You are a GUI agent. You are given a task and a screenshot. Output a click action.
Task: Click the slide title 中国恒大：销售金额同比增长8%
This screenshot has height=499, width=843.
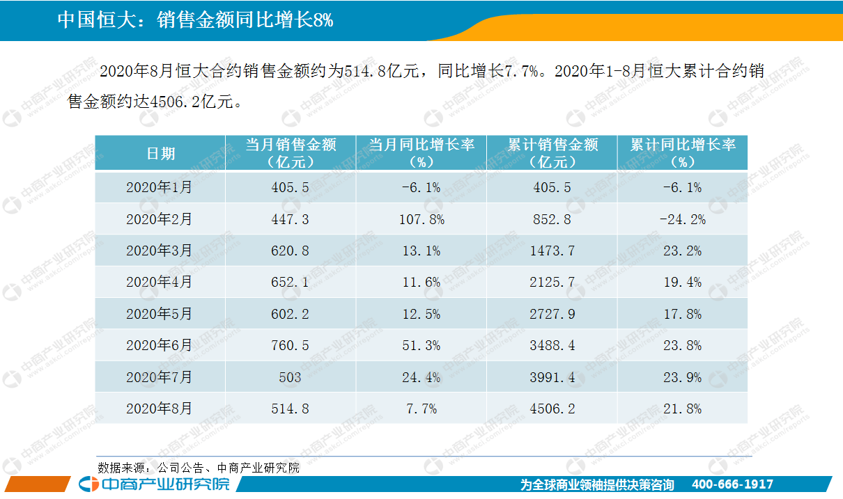click(195, 20)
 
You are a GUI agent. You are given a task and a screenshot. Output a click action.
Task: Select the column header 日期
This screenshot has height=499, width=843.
click(160, 154)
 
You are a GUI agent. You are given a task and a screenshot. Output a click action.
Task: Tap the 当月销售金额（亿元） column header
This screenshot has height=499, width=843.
click(291, 153)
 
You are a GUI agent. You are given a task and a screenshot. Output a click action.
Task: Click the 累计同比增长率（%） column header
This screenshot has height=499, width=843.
click(682, 153)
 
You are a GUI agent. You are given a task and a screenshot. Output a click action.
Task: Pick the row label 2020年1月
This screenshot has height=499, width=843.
click(160, 187)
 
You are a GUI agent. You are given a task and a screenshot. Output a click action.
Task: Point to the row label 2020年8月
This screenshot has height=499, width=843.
click(160, 409)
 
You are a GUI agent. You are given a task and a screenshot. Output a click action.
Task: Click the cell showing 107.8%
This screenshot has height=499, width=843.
click(422, 219)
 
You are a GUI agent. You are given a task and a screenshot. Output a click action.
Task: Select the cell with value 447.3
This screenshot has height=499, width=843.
click(291, 219)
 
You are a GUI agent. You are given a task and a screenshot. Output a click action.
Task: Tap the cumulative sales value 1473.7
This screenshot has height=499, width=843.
click(551, 251)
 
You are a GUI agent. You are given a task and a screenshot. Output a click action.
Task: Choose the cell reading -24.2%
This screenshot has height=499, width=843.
click(682, 219)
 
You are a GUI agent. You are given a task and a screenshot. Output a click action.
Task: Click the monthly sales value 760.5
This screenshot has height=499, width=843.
click(291, 345)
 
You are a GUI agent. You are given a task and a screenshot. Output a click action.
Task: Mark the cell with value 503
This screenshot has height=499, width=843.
click(291, 377)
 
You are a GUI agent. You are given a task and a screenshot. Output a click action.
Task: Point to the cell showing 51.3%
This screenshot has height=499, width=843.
click(422, 345)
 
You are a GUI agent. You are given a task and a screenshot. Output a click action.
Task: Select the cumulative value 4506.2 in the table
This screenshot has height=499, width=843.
click(551, 409)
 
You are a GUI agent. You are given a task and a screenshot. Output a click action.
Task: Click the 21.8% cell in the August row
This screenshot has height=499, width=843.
click(682, 409)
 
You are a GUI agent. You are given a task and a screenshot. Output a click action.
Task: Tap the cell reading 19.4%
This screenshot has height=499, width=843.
click(682, 282)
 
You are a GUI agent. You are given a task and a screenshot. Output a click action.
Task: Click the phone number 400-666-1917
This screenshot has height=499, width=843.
click(732, 484)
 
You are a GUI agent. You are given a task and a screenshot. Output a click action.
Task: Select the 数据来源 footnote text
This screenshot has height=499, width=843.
click(199, 468)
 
